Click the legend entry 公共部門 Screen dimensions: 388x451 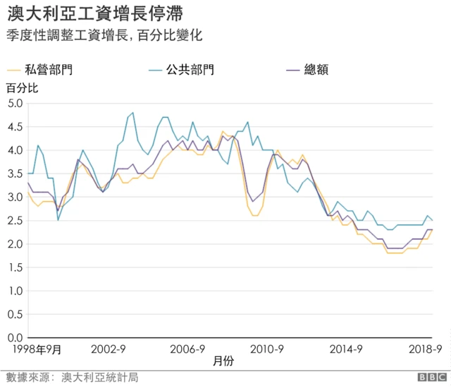pyautogui.click(x=190, y=69)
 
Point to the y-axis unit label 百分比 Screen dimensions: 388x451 pyautogui.click(x=23, y=88)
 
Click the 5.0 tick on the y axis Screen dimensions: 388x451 pyautogui.click(x=15, y=103)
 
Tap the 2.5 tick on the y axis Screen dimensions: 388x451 pyautogui.click(x=15, y=220)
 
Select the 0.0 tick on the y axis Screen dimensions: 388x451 pyautogui.click(x=15, y=337)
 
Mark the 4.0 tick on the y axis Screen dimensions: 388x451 pyautogui.click(x=15, y=150)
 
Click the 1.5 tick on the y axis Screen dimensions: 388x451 pyautogui.click(x=15, y=267)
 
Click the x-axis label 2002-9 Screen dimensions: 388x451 pyautogui.click(x=109, y=348)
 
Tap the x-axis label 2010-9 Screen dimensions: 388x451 pyautogui.click(x=267, y=348)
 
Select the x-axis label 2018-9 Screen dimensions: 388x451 pyautogui.click(x=426, y=348)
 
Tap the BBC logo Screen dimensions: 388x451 pyautogui.click(x=431, y=377)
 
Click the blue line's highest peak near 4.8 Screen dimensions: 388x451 pyautogui.click(x=132, y=112)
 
